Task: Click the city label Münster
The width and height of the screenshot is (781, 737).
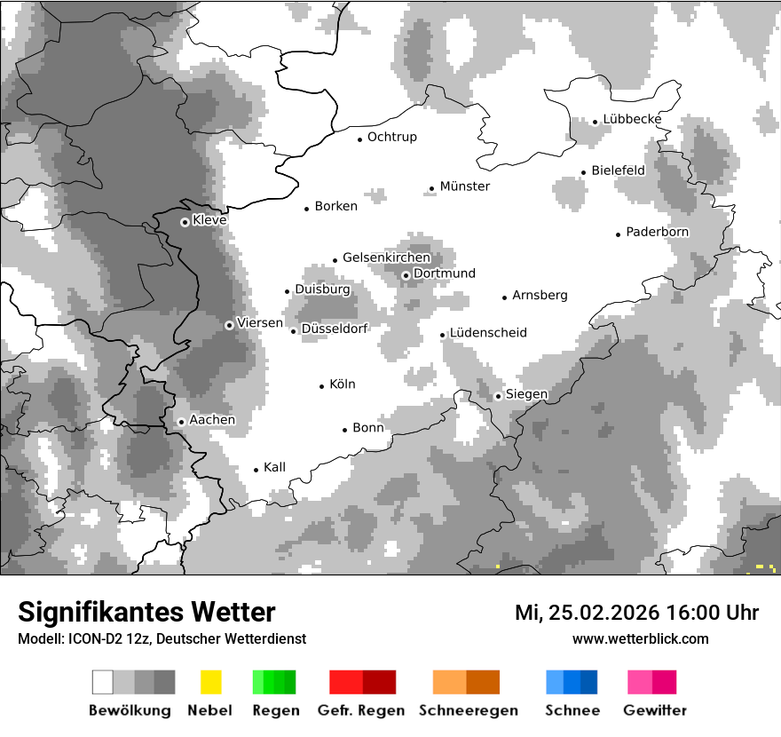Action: [465, 186]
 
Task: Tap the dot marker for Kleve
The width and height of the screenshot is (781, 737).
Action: [185, 222]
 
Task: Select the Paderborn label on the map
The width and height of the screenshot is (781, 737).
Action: [658, 233]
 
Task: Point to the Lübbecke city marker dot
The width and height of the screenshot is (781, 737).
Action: [596, 122]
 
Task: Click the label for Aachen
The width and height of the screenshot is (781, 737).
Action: [212, 420]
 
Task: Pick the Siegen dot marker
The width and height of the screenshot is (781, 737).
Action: [499, 396]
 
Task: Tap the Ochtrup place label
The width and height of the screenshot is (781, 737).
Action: [392, 138]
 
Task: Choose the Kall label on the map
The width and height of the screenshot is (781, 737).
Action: [275, 468]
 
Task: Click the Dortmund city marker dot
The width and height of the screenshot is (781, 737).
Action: [406, 275]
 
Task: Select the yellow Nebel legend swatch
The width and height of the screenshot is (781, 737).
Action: [210, 682]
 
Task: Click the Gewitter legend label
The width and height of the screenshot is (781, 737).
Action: [655, 710]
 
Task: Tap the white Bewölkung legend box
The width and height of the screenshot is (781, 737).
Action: [103, 682]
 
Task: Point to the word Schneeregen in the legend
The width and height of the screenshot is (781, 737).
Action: [466, 710]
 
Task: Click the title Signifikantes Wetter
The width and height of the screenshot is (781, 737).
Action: [146, 613]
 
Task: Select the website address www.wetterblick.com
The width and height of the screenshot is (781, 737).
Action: [641, 638]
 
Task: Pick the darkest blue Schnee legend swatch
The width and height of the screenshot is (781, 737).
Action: [588, 682]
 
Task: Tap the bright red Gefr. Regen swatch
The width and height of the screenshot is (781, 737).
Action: [346, 682]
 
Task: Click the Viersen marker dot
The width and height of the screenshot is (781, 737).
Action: [229, 325]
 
